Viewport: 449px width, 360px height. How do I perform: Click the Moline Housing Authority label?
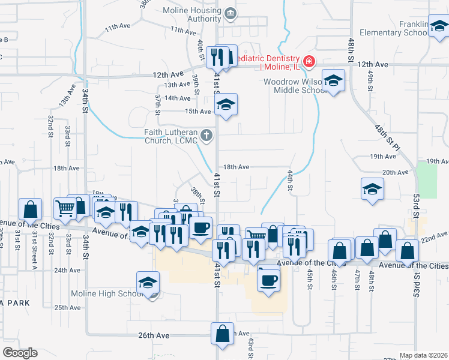[x=192, y=14]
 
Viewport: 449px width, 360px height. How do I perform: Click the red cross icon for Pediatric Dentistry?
[x=309, y=61]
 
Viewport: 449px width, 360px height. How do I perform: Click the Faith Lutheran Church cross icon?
[x=206, y=135]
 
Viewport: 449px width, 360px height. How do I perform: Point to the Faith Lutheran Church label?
[x=171, y=136]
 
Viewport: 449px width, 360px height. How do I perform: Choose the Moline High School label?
[x=110, y=294]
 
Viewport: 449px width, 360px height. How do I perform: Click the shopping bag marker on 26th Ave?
[x=222, y=335]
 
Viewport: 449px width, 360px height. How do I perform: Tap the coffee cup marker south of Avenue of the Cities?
[x=268, y=279]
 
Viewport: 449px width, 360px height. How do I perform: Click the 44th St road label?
[x=290, y=180]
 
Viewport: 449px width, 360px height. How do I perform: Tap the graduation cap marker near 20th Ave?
[x=372, y=190]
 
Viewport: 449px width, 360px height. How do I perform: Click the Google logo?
[x=20, y=353]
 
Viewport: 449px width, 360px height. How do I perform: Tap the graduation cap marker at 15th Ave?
[x=226, y=105]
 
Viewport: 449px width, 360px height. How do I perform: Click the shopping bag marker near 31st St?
[x=30, y=209]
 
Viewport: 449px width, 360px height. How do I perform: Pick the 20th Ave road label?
[x=396, y=172]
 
